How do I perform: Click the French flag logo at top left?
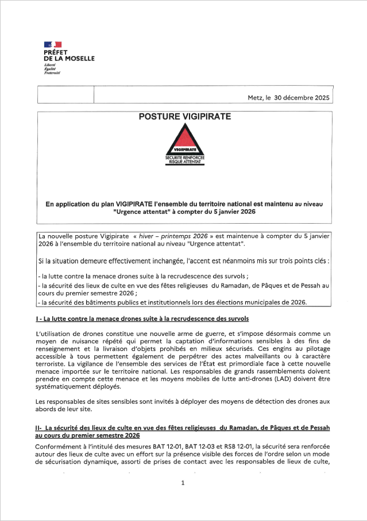(x=52, y=44)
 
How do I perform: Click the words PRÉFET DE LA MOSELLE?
(x=69, y=55)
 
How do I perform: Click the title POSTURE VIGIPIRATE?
(x=185, y=117)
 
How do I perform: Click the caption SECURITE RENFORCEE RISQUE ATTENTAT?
(x=185, y=160)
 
